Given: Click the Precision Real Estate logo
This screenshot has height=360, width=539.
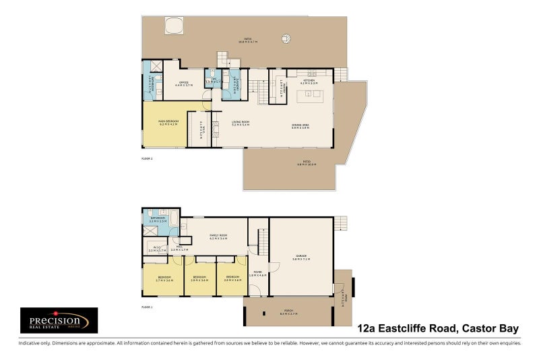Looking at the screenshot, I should pos(59,321).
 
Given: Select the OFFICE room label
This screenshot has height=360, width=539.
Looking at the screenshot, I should pos(184,84).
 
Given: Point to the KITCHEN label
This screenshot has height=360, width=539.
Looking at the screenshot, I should pos(309,81).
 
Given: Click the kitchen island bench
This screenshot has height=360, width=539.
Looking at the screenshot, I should pos(310,98).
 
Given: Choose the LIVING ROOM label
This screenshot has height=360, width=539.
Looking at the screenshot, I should pos(241,123).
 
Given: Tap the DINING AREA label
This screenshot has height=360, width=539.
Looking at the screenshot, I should pos(300,125).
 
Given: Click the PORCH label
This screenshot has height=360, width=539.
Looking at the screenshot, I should pos(288,313).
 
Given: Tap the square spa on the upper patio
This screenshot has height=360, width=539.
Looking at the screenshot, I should pos(173,26).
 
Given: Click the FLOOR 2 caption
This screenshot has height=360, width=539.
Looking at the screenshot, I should pos(148,159).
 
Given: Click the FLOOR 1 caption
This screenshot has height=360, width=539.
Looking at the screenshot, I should pos(148,307).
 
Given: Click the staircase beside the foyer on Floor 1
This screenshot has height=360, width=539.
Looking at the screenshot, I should pos(261,240).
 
